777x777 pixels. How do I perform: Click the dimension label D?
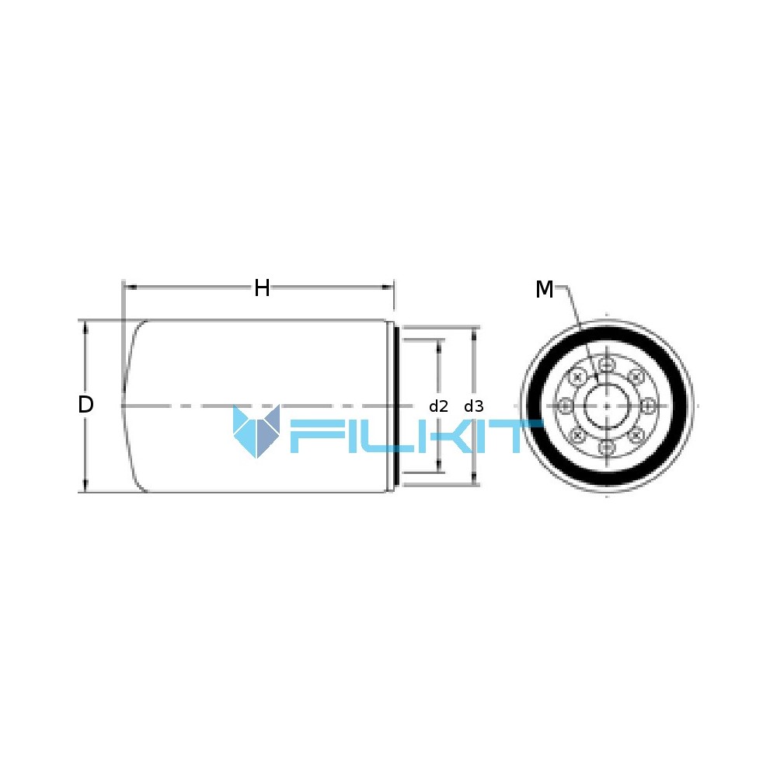pyautogui.click(x=85, y=405)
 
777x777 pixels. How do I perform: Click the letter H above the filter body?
pyautogui.click(x=262, y=288)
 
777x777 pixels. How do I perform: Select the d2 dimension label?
pyautogui.click(x=438, y=406)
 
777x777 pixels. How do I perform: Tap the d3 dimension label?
pyautogui.click(x=474, y=406)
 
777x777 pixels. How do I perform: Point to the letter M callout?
pyautogui.click(x=544, y=289)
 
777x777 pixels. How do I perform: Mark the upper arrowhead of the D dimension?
pyautogui.click(x=85, y=326)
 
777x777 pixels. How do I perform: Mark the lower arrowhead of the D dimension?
pyautogui.click(x=85, y=486)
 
